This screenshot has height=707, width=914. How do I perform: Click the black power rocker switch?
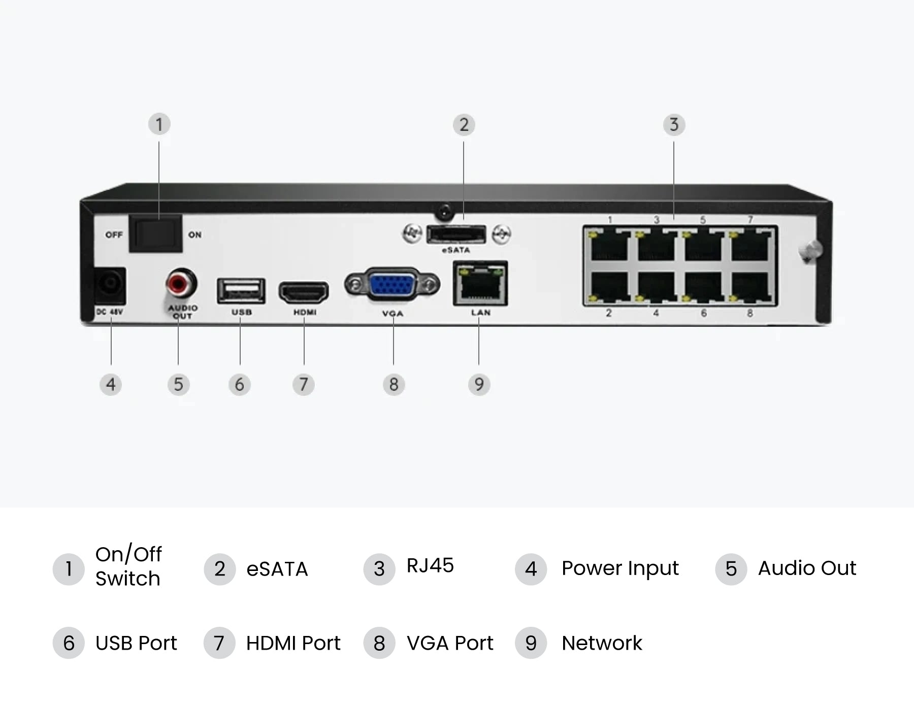(155, 233)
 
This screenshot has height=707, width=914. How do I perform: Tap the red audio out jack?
(181, 283)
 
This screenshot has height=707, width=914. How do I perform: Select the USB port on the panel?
(241, 291)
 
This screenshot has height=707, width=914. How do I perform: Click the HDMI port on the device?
(304, 292)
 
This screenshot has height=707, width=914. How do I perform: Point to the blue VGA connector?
(392, 285)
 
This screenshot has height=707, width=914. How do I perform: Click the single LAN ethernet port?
(480, 283)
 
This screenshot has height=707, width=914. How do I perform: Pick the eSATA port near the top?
(456, 234)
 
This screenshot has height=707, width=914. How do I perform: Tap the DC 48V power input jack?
(110, 286)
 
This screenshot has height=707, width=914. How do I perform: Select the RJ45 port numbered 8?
(750, 286)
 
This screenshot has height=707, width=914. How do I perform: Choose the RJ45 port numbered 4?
(657, 286)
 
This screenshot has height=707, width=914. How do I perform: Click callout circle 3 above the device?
(674, 125)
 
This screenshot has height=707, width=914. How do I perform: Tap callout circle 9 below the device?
(479, 384)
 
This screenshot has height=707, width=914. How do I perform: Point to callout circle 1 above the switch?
(159, 124)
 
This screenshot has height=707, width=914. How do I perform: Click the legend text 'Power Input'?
(620, 568)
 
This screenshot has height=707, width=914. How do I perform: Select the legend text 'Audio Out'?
(807, 568)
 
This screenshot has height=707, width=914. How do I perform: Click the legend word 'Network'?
(602, 643)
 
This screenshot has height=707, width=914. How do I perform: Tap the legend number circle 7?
(219, 643)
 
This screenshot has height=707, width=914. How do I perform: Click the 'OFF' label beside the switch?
(114, 234)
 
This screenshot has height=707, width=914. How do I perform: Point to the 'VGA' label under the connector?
(393, 314)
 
